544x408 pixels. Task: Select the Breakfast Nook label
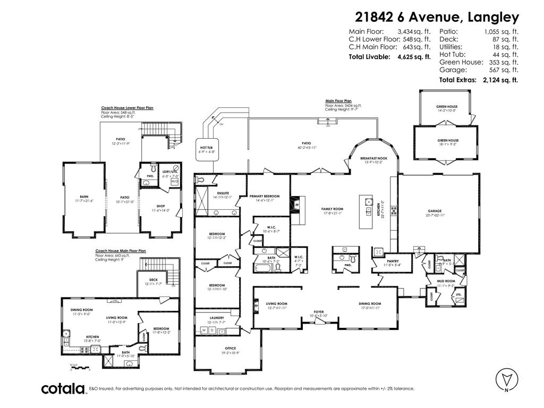coord(373,158)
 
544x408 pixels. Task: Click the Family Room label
coord(333,209)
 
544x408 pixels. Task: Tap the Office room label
coord(230,348)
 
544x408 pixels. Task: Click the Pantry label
coord(393,261)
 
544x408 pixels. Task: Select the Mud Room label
coord(446,281)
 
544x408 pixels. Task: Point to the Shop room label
coord(160,206)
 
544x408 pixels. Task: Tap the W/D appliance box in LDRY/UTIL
coord(175,181)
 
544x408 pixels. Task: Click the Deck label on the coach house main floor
coord(154,279)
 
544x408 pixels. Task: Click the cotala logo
coord(64,389)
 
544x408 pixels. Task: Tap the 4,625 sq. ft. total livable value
coord(414,57)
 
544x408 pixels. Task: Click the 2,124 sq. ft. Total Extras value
coord(500,80)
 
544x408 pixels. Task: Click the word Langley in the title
coord(494,18)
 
